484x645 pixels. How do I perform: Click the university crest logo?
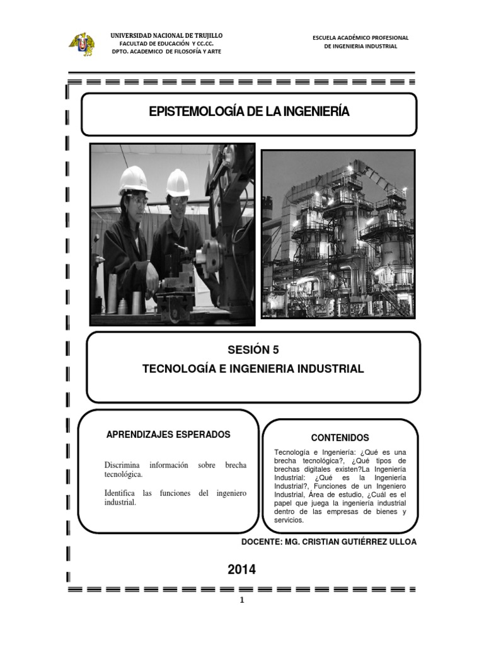click(x=81, y=43)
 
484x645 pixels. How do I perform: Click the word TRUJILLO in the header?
click(x=205, y=35)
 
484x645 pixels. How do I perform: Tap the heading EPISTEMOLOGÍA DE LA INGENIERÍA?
click(x=249, y=112)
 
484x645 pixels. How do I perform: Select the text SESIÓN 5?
click(x=253, y=350)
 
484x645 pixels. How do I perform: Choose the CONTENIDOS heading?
click(x=340, y=438)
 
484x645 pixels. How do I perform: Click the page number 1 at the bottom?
click(x=241, y=600)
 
